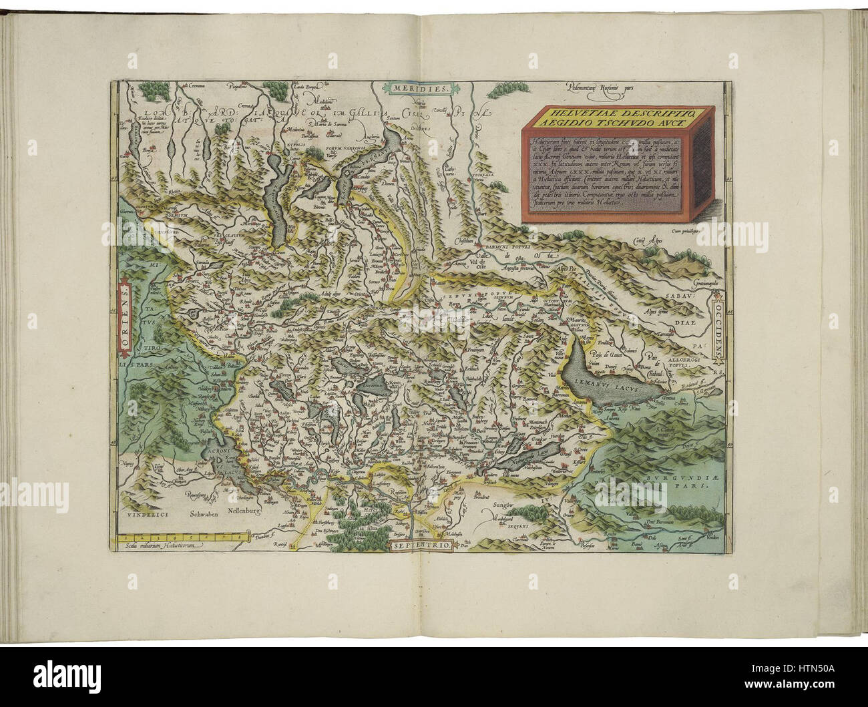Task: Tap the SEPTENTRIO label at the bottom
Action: [x=419, y=547]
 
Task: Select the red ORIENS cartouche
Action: [x=126, y=317]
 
